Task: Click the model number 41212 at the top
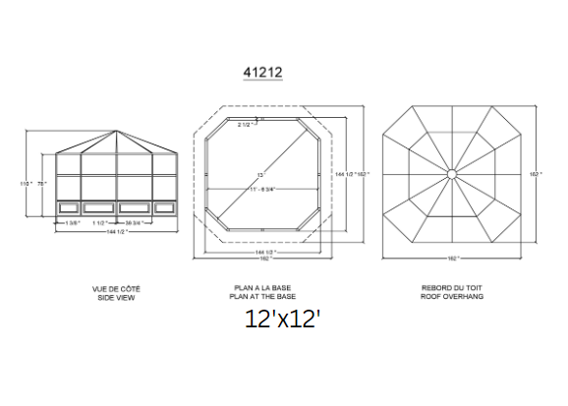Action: [x=262, y=72]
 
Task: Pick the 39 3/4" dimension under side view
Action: [x=142, y=223]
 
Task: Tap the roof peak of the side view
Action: [x=117, y=130]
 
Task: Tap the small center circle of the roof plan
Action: [x=450, y=174]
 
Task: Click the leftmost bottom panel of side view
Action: [x=69, y=208]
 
